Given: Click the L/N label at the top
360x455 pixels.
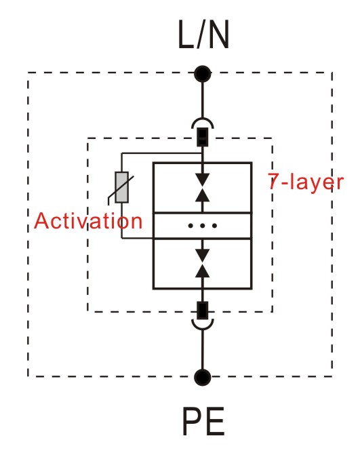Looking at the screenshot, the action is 203,35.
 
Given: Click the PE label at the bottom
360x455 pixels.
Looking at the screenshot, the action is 203,421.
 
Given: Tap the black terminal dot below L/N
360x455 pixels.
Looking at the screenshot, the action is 203,74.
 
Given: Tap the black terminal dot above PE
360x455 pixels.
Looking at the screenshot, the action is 203,377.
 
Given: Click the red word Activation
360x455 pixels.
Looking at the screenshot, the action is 88,221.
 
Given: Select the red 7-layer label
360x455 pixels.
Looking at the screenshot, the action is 306,182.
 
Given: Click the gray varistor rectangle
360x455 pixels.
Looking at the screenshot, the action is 122,187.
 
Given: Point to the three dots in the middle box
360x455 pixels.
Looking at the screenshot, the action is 203,226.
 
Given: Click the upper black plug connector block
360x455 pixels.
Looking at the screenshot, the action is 203,137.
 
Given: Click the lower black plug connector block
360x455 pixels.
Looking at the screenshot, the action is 203,311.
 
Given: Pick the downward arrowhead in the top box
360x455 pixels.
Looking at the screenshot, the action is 203,180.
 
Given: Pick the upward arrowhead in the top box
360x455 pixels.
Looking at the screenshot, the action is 203,195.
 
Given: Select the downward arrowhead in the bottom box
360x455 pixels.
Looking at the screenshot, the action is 203,256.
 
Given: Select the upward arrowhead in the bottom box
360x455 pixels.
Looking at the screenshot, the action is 203,271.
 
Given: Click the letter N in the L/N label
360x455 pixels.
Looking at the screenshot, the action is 219,35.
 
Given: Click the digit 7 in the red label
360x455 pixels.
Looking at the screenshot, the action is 273,181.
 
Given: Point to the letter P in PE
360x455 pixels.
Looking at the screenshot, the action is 192,421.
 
